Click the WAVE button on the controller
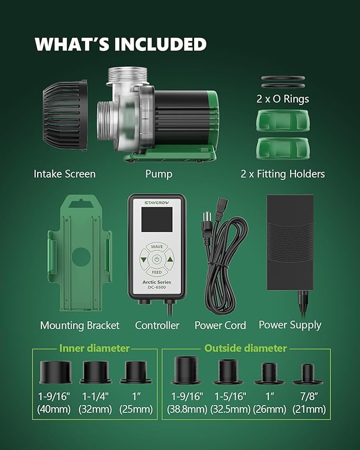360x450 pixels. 157,246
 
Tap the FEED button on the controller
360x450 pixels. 157,272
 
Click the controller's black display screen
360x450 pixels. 157,219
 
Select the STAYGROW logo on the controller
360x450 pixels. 157,202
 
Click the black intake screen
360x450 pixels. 65,115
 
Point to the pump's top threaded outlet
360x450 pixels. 127,75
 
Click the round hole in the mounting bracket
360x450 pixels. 81,257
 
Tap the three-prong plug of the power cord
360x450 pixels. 207,224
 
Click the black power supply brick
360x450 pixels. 290,243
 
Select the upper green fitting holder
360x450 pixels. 283,121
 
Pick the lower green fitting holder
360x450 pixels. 283,148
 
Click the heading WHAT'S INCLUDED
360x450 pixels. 120,44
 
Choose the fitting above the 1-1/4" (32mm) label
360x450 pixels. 95,372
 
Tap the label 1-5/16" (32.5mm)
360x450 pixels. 230,403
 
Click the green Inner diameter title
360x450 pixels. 94,348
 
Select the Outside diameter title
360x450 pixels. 245,348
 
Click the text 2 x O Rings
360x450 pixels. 283,99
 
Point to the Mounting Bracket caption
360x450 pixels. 80,325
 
